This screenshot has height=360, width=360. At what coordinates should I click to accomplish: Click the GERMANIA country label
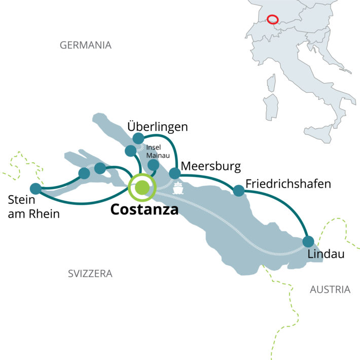point(85,45)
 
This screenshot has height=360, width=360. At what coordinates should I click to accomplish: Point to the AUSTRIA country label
point(330,290)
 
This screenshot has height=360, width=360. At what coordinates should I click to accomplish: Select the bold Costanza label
point(145,209)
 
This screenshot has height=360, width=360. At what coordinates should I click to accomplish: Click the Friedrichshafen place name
point(287,183)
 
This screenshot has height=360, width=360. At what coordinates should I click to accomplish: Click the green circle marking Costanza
point(142,187)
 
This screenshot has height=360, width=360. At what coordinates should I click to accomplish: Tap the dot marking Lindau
point(308,241)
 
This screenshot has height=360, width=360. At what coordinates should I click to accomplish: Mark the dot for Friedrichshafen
point(238,191)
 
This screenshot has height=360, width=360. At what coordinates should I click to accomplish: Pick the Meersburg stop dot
point(175,173)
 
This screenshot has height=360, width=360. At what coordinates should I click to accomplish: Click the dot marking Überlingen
point(138,138)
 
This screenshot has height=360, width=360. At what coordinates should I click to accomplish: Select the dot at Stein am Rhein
point(35,188)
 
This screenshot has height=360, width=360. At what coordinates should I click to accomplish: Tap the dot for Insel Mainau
point(153,165)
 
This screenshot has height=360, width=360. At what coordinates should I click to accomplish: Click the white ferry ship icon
point(178,189)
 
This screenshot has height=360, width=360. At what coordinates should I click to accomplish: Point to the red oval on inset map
point(272,19)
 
